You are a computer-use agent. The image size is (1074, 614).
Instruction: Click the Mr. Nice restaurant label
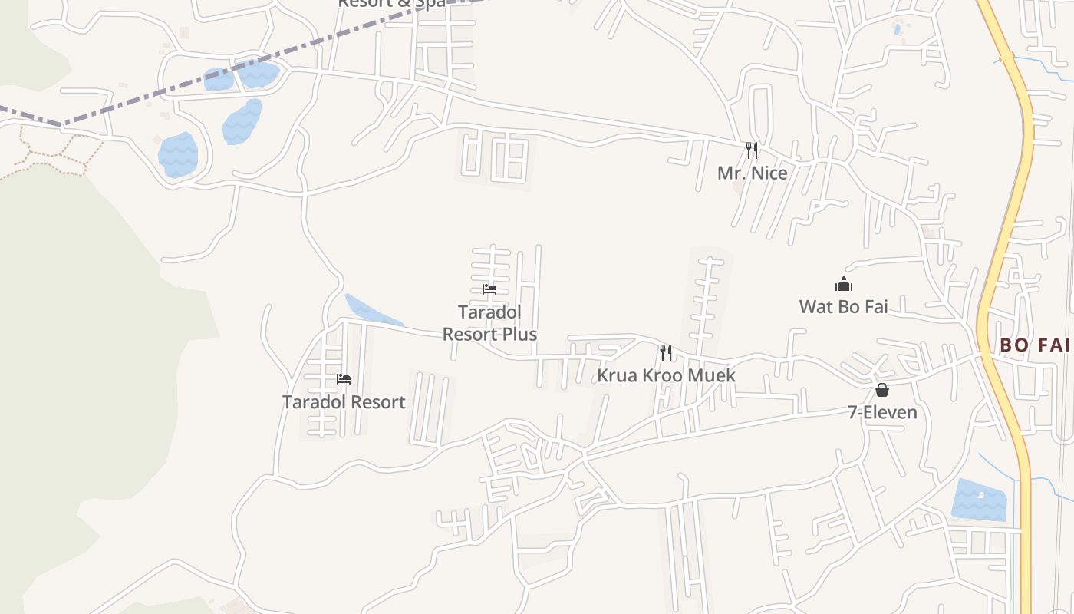tap(752, 173)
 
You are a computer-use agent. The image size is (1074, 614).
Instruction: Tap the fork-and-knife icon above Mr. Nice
tap(752, 150)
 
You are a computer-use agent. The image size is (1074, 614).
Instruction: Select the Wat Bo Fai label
tap(843, 306)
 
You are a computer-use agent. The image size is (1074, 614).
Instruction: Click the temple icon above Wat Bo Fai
tap(844, 285)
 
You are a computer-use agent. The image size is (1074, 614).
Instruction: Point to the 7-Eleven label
tap(882, 412)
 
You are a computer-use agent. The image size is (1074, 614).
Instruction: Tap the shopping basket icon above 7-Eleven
tap(882, 390)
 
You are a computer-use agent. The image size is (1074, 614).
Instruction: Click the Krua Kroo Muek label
tap(666, 375)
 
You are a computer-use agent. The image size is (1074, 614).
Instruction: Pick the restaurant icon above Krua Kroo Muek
tap(666, 353)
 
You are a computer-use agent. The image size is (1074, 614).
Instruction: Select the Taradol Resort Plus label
tap(489, 323)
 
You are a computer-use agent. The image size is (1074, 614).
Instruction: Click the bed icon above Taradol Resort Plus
tap(489, 289)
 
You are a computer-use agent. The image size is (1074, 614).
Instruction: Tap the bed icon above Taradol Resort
tap(344, 379)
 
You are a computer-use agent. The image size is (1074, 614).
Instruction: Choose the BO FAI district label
tap(1035, 345)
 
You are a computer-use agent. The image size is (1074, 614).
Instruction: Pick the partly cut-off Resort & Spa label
tap(391, 3)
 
